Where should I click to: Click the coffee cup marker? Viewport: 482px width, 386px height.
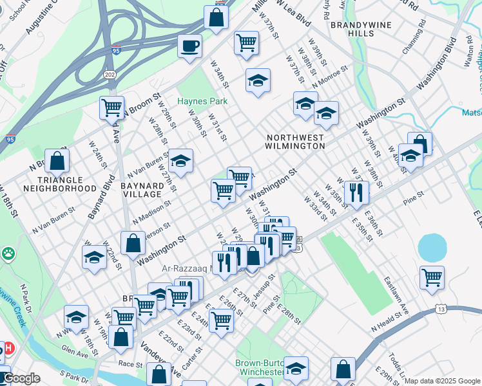point(190,46)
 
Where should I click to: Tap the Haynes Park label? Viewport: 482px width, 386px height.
point(202,101)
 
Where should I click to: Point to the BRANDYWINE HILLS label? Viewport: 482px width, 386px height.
point(351,28)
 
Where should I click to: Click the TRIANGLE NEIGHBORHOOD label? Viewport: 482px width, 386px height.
point(59,184)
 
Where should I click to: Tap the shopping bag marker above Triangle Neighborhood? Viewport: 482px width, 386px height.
point(57,161)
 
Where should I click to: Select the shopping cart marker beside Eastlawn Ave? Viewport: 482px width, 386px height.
point(432,277)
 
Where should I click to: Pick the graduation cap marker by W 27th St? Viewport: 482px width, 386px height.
point(181,161)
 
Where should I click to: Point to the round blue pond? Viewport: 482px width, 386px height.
point(432,246)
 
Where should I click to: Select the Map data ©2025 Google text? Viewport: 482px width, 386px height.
point(442,381)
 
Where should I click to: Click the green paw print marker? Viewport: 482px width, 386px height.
point(8,254)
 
